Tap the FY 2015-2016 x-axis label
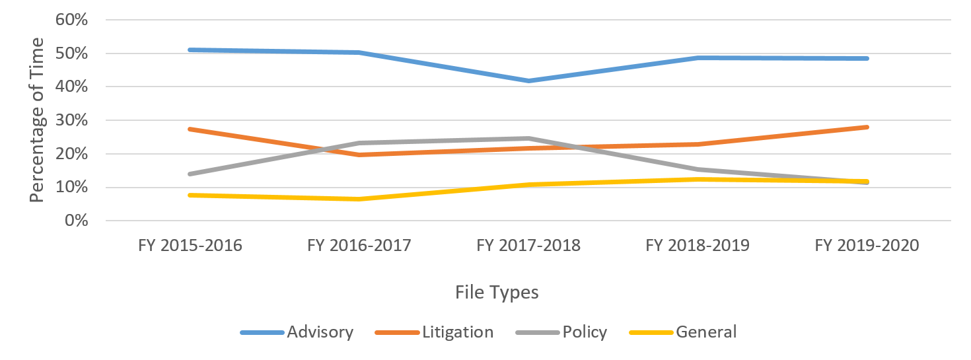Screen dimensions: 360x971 coord(190,246)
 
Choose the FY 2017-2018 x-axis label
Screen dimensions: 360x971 coord(528,246)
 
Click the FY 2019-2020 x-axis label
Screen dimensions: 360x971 coord(867,246)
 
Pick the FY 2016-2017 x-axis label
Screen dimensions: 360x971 coord(359,246)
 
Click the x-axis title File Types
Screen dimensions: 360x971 coord(497,293)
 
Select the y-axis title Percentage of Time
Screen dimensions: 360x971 coord(38,120)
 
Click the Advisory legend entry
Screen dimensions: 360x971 coord(320,332)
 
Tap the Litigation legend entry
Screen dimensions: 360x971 coord(457,332)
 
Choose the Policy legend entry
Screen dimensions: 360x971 coord(585,332)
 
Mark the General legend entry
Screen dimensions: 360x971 coord(705,332)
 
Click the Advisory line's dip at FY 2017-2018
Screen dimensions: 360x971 coord(528,81)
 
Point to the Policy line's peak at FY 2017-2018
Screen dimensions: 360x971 coord(528,138)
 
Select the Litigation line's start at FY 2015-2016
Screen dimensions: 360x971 coord(190,129)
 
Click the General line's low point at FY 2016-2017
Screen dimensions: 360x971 coord(359,199)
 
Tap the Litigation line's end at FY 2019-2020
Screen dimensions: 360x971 coord(867,127)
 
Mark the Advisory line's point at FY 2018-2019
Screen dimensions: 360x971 coord(698,57)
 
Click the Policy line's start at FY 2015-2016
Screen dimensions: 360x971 coord(190,174)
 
